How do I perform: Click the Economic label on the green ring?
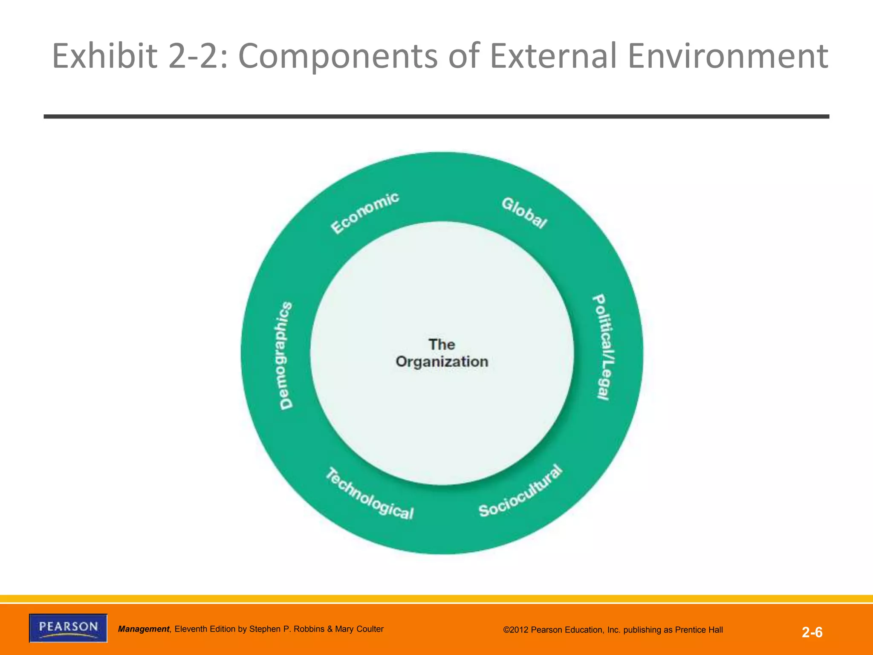click(365, 213)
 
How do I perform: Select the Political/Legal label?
click(604, 347)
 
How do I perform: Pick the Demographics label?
click(286, 356)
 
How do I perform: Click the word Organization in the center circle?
click(442, 362)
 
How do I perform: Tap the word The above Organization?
click(442, 344)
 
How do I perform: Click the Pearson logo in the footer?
click(68, 628)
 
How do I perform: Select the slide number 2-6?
click(812, 632)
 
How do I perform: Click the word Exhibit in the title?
click(105, 56)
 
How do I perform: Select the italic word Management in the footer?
click(144, 629)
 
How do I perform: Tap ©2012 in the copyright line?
click(516, 630)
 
